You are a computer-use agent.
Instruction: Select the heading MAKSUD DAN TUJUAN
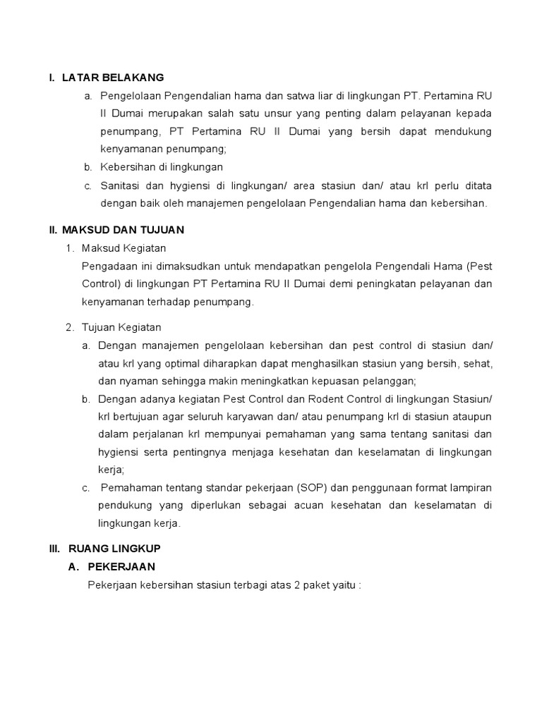(124, 230)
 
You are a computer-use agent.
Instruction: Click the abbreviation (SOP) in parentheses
(311, 488)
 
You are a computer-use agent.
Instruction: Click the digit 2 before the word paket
(294, 585)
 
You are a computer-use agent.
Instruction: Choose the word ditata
(476, 185)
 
